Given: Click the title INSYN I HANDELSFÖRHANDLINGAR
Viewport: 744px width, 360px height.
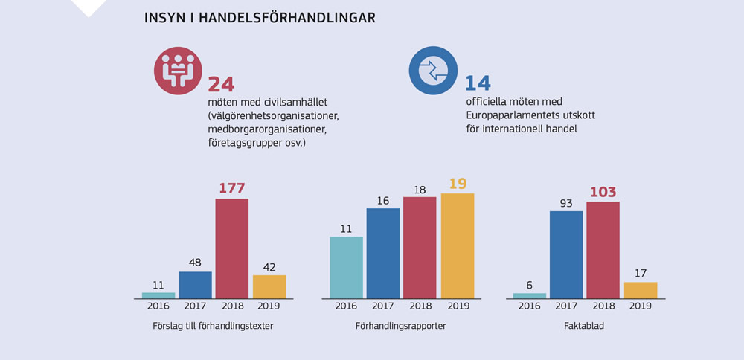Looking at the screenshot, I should (259, 18).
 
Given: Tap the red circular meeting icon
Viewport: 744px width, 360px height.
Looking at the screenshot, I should (178, 71).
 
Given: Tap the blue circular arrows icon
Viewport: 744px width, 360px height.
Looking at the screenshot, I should (432, 71).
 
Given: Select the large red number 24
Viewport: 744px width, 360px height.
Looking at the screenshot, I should (222, 84).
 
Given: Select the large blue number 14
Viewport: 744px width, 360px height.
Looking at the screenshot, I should (478, 83).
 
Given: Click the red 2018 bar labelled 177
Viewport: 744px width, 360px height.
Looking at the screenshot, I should (231, 248).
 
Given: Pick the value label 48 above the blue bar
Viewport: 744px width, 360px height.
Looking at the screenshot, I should (195, 263).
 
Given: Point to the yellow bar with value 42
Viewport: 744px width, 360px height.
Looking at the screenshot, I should (269, 286).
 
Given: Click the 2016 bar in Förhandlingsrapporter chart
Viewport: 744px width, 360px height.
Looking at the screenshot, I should (346, 267).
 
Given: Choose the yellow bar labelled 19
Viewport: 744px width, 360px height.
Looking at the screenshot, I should (458, 245).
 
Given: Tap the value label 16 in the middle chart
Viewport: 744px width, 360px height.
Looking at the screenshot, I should (383, 199).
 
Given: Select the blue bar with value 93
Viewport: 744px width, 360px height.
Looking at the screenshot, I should (566, 254).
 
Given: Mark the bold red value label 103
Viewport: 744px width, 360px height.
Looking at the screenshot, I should (603, 192).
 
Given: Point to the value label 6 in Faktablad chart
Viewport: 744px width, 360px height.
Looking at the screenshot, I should (529, 285).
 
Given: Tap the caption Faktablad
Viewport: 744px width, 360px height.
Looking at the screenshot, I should (585, 327).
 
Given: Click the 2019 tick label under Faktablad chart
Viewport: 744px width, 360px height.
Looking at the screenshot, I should (640, 306).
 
